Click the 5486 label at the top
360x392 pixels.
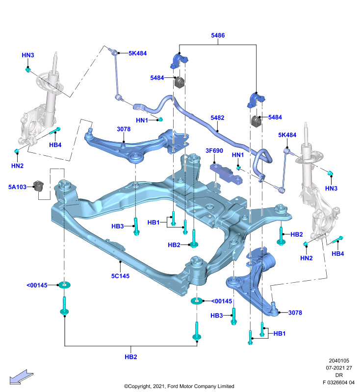pos(218,35)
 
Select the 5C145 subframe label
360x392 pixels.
pos(120,276)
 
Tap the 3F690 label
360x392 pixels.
pos(214,150)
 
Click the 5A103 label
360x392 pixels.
pos(17,187)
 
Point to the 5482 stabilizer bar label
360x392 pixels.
pos(217,118)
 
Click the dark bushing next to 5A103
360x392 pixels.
pos(39,186)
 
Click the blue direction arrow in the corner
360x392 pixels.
pos(21,377)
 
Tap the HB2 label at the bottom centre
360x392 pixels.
pos(131,357)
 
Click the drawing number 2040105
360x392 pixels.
pos(339,361)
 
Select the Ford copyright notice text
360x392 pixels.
pos(179,386)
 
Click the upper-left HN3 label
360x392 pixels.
pos(28,55)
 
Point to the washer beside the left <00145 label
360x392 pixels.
pos(65,285)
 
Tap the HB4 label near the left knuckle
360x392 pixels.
pos(55,145)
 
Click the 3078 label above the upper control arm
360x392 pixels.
pos(124,129)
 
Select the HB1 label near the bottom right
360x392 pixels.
pos(280,333)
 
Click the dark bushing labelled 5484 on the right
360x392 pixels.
pos(256,121)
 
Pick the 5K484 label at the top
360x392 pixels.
pos(138,53)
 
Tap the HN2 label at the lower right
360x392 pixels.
pos(306,258)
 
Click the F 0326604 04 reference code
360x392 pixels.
pos(338,382)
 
